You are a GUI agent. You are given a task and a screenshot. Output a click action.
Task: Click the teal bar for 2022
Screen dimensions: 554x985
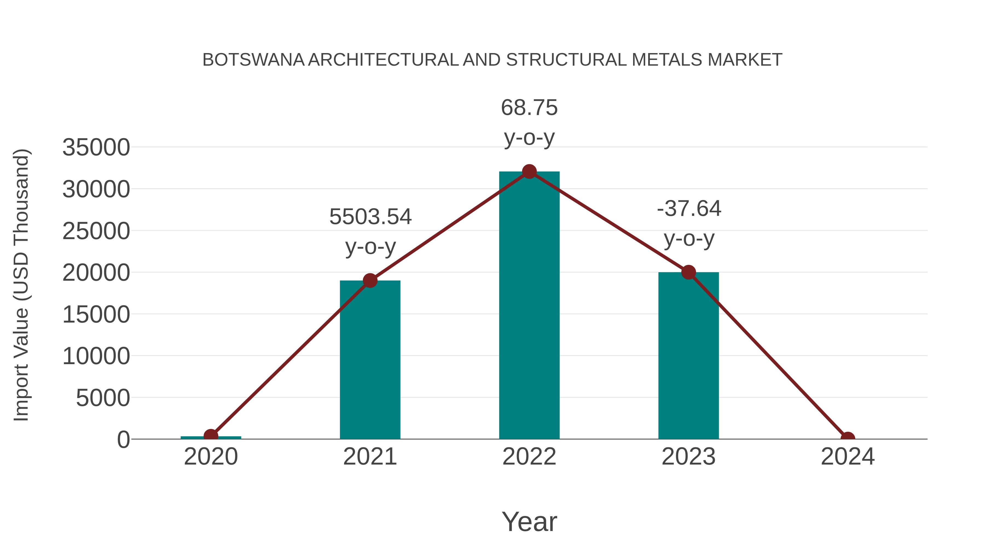(x=529, y=306)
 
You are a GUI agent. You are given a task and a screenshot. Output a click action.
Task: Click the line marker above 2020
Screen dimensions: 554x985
(x=211, y=436)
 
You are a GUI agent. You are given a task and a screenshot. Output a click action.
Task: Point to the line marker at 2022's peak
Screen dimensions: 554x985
(x=529, y=172)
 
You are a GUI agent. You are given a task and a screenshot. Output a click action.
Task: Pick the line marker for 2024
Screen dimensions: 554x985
(x=847, y=438)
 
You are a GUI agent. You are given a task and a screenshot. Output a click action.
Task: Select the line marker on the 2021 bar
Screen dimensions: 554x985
(x=370, y=281)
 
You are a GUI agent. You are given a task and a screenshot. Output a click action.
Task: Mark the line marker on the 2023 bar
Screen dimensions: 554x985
(x=688, y=272)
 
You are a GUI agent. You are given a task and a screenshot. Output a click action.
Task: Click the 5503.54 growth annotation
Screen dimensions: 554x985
(x=370, y=217)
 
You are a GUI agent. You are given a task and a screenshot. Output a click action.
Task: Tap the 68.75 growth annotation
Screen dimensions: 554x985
(x=529, y=108)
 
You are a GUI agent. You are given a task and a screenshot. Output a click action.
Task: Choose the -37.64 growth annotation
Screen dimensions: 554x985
(x=689, y=209)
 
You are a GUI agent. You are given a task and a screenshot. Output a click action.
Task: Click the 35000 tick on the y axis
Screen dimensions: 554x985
(x=96, y=147)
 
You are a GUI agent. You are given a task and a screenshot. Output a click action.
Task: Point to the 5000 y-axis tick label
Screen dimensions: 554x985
(x=103, y=398)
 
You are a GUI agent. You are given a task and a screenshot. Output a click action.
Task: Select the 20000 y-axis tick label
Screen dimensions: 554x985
(x=96, y=273)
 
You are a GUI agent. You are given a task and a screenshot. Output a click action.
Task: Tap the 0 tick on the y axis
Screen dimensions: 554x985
(x=123, y=440)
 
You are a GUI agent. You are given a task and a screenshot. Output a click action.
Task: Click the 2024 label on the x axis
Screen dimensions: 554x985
(x=847, y=457)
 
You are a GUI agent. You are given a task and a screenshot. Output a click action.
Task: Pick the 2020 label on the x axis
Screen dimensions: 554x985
(x=211, y=457)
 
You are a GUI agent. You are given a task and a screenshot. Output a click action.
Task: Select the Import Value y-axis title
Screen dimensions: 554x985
(x=21, y=285)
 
